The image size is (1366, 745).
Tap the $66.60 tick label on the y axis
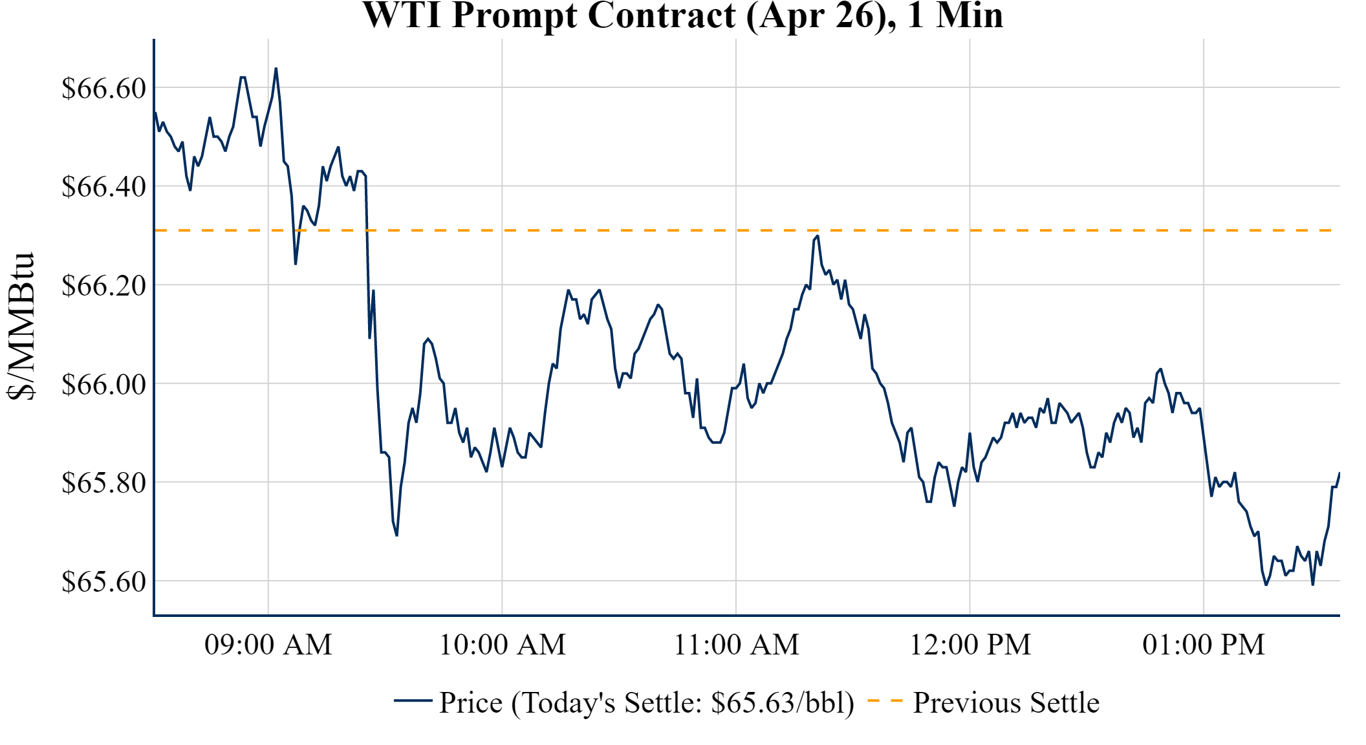[104, 88]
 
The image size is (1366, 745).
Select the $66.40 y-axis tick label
[104, 187]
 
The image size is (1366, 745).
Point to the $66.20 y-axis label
[104, 285]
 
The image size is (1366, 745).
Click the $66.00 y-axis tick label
[104, 384]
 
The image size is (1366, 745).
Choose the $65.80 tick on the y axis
[104, 482]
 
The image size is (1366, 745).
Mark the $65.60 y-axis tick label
[104, 581]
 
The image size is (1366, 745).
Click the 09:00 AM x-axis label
[268, 645]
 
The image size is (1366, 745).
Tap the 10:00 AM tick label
[503, 645]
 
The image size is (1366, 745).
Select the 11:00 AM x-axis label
[737, 645]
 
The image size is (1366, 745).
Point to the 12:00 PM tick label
[970, 645]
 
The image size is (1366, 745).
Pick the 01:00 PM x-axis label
[1204, 645]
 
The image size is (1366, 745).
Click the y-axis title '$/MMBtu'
[21, 327]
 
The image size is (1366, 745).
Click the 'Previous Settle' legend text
[1006, 703]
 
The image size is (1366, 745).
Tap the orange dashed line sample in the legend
[885, 701]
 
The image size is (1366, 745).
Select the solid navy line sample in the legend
[413, 701]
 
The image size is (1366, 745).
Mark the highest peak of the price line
[276, 69]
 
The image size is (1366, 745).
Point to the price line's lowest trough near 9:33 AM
[396, 535]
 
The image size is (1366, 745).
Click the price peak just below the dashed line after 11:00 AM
[818, 236]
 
